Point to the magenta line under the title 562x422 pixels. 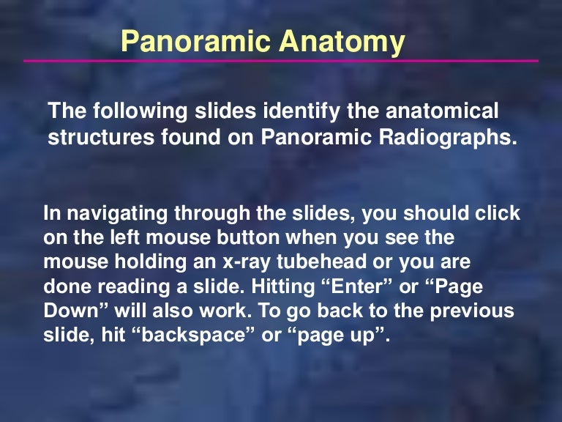point(281,61)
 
